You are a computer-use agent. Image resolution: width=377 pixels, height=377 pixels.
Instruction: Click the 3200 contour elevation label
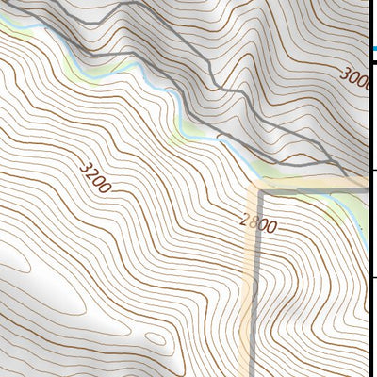(x=96, y=178)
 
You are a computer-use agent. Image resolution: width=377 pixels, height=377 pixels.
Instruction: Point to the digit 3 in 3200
(x=86, y=167)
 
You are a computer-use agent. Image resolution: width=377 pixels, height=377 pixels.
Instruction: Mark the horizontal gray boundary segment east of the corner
(x=311, y=190)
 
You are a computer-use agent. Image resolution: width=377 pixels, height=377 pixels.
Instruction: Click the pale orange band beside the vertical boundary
(x=250, y=302)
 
